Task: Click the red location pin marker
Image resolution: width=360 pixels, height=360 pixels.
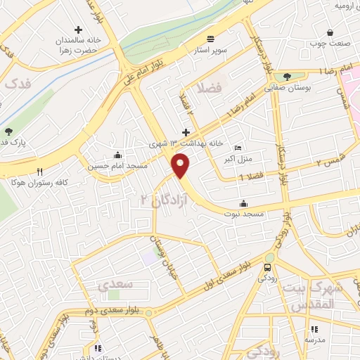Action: click(181, 166)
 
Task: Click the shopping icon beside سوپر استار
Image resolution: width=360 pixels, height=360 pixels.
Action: click(211, 38)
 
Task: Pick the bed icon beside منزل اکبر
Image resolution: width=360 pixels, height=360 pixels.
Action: click(237, 148)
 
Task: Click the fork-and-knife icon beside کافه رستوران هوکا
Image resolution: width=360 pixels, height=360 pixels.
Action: click(39, 171)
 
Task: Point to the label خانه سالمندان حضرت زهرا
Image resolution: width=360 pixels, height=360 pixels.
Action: click(79, 45)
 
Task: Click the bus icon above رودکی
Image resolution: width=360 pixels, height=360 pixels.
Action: click(266, 268)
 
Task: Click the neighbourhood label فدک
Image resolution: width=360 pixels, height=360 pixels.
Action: click(19, 84)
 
